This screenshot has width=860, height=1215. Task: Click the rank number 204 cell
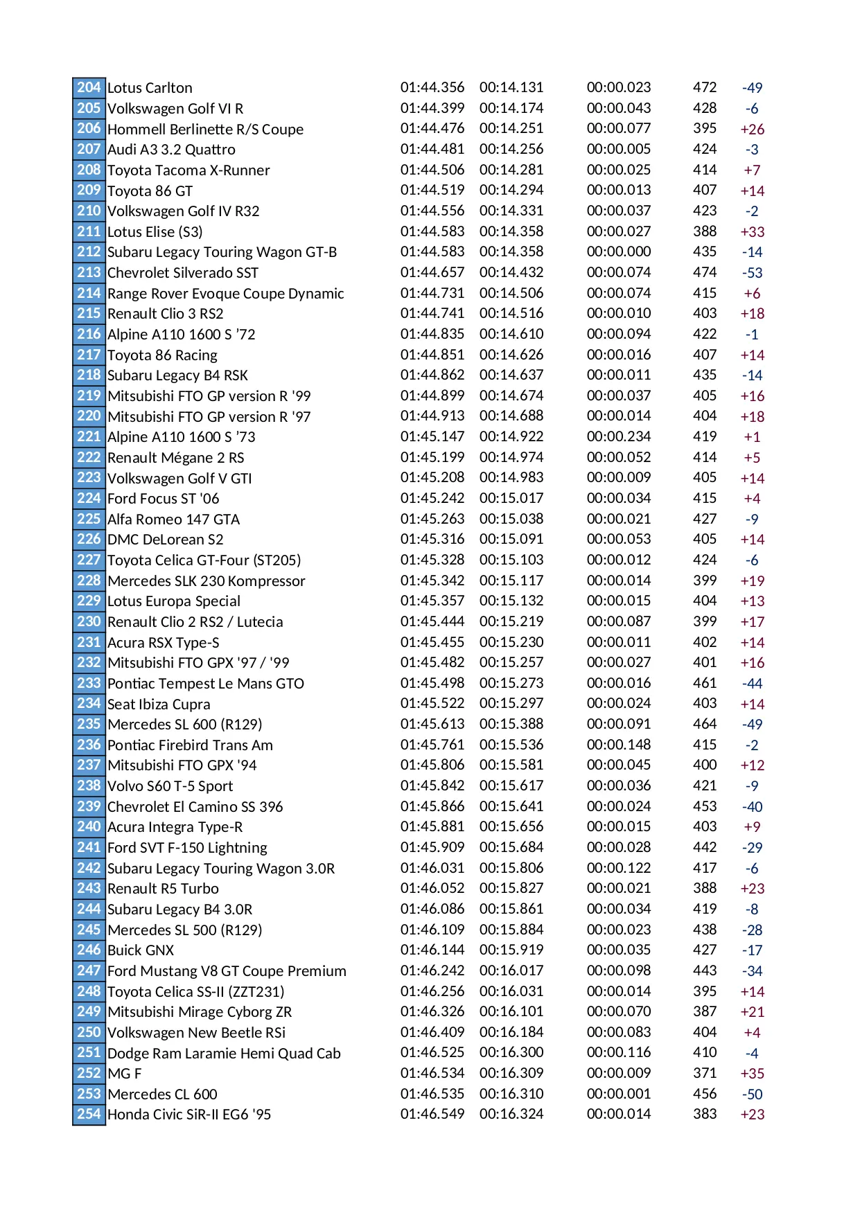pos(89,88)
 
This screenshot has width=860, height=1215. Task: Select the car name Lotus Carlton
pos(150,88)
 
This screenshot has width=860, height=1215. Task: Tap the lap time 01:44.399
pos(432,108)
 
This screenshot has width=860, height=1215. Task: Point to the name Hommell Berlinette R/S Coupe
pos(205,130)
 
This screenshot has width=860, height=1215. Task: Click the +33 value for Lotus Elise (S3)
pos(752,232)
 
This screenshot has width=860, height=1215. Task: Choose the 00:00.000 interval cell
pos(619,252)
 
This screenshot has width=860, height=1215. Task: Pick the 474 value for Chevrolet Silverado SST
pos(705,273)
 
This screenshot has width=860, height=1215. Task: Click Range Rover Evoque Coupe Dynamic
pos(225,294)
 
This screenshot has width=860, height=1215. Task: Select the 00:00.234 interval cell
pos(619,437)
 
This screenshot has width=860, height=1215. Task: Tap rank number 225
pos(89,519)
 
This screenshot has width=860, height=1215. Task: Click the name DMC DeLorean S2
pos(165,540)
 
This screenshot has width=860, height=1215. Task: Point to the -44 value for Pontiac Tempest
pos(752,684)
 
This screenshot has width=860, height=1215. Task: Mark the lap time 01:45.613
pos(432,725)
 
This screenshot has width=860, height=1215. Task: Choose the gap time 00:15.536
pos(511,745)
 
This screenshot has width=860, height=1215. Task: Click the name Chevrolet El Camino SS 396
pos(195,807)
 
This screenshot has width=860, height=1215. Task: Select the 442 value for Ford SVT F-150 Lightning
pos(705,848)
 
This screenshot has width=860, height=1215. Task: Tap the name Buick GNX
pos(141,950)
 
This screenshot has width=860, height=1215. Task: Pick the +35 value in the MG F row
pos(752,1074)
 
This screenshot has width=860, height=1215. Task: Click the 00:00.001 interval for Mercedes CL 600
pos(619,1094)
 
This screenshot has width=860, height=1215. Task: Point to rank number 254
pos(89,1115)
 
